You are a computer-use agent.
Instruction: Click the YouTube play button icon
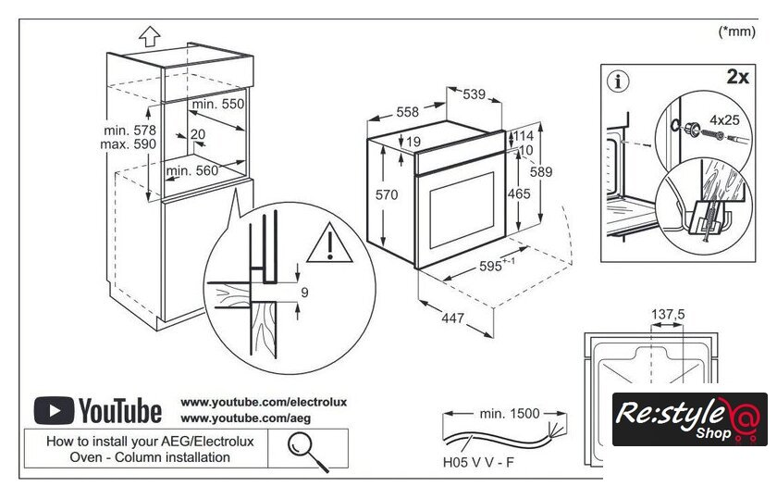click(x=54, y=409)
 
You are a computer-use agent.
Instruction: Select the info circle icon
click(x=618, y=81)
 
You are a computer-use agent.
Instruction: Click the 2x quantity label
click(x=737, y=77)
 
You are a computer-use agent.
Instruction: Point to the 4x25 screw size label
click(x=724, y=119)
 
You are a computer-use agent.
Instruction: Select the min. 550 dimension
click(x=219, y=105)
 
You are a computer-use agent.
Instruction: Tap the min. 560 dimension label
click(x=193, y=170)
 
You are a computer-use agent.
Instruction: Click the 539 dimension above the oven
click(x=475, y=94)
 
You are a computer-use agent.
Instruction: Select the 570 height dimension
click(x=387, y=195)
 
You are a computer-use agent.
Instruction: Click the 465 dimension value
click(x=519, y=194)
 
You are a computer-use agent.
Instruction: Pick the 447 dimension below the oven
click(x=451, y=318)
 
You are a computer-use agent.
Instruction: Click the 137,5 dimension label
click(x=668, y=315)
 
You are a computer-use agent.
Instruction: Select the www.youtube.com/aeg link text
click(x=231, y=418)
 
